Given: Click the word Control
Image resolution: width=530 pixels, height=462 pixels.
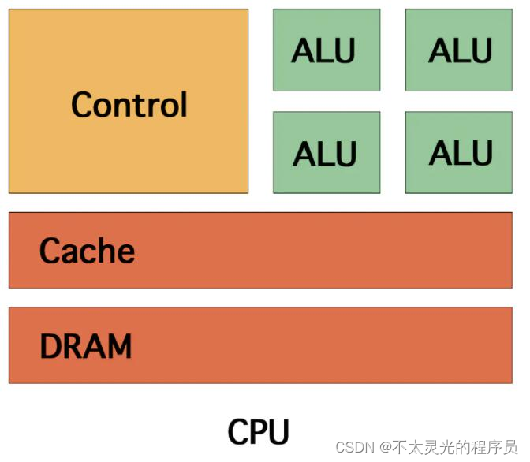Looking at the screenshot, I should [x=129, y=104].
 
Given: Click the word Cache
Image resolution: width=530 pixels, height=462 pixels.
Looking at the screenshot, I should [x=87, y=251].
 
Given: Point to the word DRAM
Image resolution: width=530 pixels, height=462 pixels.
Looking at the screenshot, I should [x=85, y=346].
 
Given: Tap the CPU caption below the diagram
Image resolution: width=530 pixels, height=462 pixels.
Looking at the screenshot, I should [x=258, y=432].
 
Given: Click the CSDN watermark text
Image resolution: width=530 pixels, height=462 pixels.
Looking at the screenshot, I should [x=353, y=447].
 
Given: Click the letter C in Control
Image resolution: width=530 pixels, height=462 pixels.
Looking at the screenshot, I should [x=80, y=104].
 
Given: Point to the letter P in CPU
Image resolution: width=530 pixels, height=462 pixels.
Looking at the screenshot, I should [x=258, y=432].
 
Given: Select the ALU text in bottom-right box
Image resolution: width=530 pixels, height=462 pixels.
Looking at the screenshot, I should [x=461, y=154].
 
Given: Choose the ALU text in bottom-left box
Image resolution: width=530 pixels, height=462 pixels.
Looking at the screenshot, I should [x=324, y=155].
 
